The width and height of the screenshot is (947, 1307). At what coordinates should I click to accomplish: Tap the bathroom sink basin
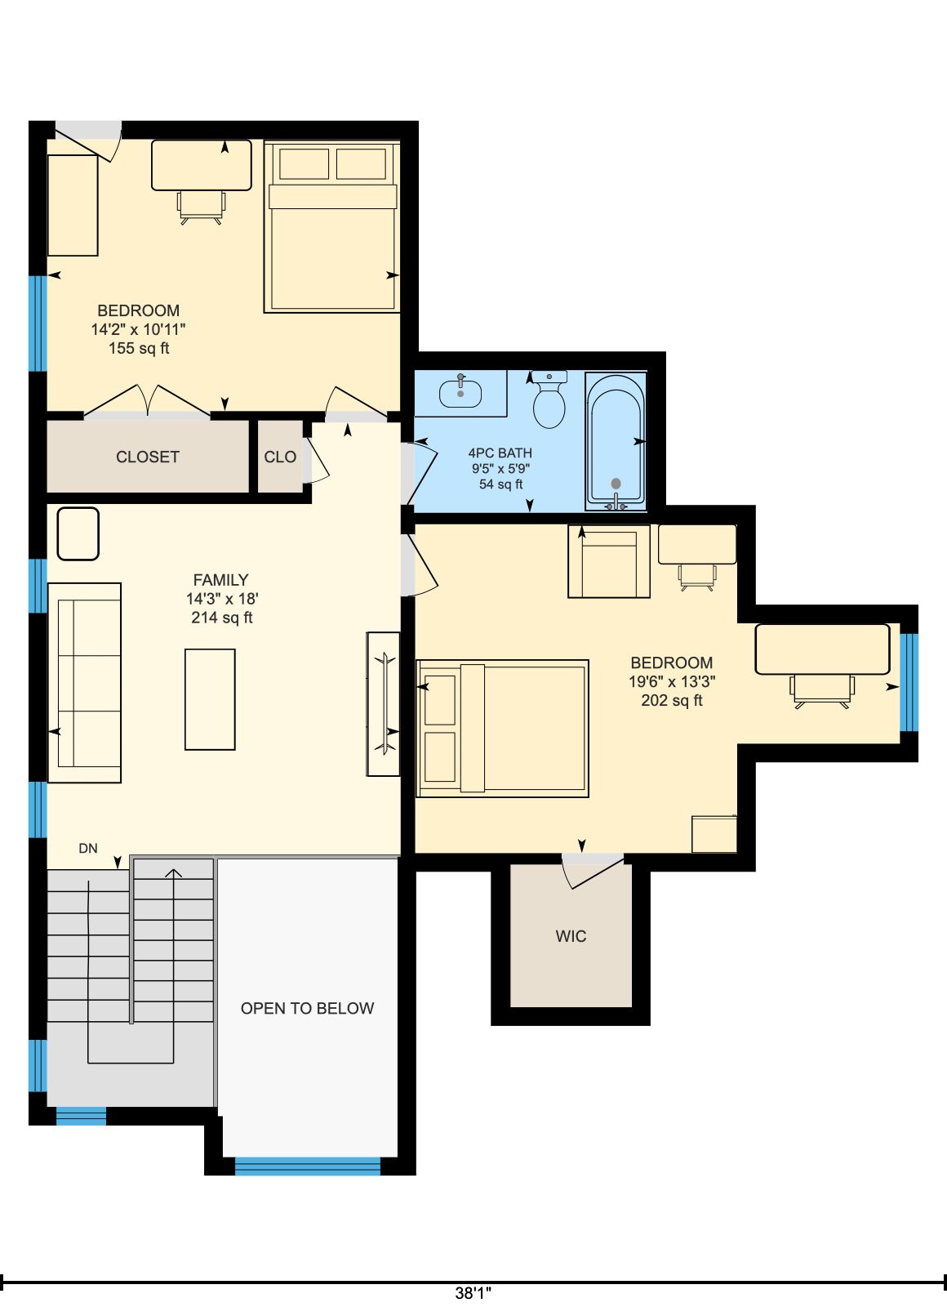460,393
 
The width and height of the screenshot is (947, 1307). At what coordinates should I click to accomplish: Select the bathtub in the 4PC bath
616,441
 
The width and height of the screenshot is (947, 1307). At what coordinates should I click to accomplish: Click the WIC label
571,936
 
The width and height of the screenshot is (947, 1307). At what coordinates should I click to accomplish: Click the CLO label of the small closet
280,457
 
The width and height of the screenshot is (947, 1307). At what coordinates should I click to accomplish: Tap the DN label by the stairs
88,849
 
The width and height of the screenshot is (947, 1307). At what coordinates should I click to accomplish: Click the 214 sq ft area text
221,618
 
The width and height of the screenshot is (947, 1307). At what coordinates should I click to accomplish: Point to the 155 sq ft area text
139,348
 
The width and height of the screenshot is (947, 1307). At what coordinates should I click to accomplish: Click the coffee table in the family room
210,699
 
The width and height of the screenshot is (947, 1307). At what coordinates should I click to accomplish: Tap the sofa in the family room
85,683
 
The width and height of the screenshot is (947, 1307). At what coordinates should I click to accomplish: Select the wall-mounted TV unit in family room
383,703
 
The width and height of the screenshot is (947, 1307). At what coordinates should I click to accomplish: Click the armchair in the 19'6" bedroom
609,561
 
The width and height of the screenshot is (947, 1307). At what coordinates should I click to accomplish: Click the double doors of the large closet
147,400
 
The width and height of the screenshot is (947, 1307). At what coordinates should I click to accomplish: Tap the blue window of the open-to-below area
307,1166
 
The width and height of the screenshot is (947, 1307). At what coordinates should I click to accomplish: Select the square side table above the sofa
78,534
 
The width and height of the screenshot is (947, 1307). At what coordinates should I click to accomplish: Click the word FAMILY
221,580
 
